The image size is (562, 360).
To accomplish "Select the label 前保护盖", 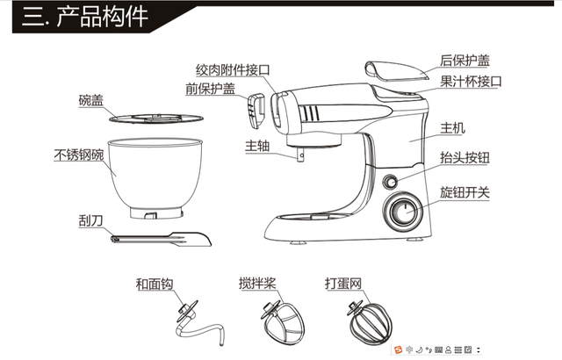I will pyautogui.click(x=210, y=89).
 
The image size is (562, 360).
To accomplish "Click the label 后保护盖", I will pyautogui.click(x=465, y=61).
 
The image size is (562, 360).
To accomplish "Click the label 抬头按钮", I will pyautogui.click(x=465, y=159).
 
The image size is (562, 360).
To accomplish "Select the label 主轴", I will pyautogui.click(x=256, y=147).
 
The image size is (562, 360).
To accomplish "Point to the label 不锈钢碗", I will pyautogui.click(x=78, y=156).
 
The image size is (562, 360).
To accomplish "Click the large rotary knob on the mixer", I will pyautogui.click(x=405, y=211).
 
